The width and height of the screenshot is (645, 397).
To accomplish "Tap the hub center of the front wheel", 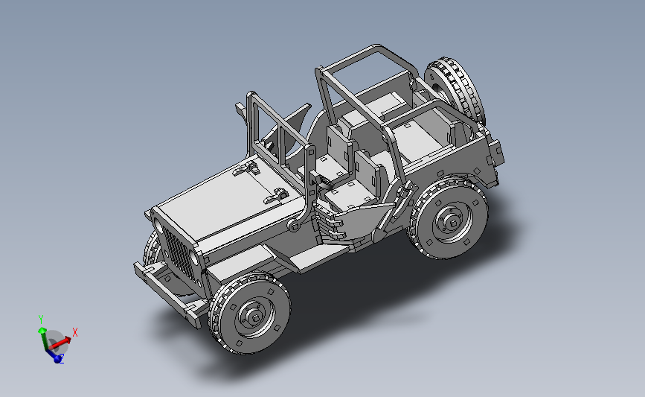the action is pos(255,317).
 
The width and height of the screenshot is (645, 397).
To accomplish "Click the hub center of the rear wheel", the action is pos(453,223).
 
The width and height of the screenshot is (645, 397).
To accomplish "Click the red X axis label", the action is pos(75,332).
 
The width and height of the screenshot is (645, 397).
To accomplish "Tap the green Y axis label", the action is pos(41,320).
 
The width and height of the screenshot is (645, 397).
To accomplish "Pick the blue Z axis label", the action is pos(62,359).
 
